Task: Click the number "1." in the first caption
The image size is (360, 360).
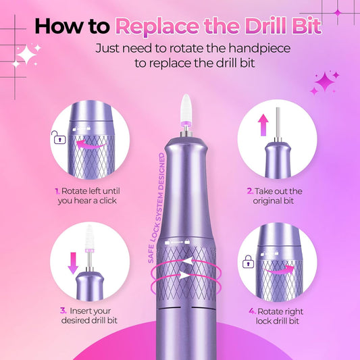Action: point(58,191)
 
